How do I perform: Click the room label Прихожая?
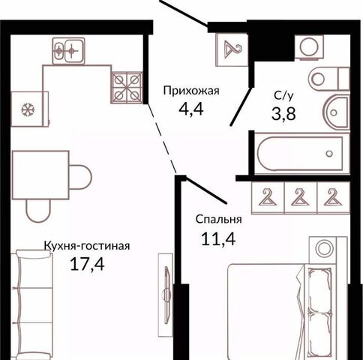[191, 91]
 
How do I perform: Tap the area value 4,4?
[191, 109]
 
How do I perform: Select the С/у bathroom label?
[283, 95]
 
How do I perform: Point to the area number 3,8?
[283, 114]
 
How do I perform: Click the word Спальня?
[218, 220]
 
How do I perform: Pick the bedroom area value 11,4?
[218, 238]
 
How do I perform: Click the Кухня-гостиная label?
[87, 246]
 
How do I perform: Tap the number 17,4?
[87, 264]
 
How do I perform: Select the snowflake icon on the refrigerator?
[28, 109]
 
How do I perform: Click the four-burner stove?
[127, 88]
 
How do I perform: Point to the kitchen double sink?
[68, 51]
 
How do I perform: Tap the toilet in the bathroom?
[328, 79]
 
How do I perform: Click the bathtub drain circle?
[329, 153]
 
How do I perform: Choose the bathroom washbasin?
[337, 112]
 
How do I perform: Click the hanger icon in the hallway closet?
[232, 49]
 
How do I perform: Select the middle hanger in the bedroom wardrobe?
[300, 197]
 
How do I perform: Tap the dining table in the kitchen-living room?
[40, 175]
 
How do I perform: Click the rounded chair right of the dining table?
[80, 177]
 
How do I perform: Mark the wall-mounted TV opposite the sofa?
[166, 295]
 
